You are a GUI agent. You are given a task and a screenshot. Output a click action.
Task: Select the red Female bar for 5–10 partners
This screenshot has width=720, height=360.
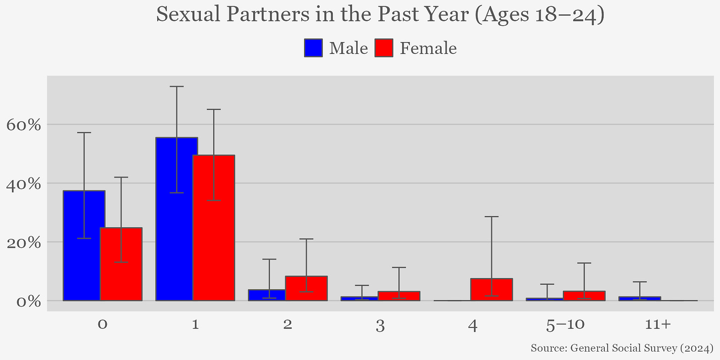pyautogui.click(x=584, y=296)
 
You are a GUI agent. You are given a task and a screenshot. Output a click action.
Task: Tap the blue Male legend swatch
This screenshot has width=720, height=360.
pyautogui.click(x=314, y=48)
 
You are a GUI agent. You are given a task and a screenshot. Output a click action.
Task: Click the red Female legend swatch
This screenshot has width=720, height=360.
pyautogui.click(x=384, y=48)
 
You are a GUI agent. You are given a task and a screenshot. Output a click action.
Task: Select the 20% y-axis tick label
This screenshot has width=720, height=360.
pyautogui.click(x=24, y=242)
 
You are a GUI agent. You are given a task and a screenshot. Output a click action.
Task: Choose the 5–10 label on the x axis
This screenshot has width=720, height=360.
pyautogui.click(x=566, y=325)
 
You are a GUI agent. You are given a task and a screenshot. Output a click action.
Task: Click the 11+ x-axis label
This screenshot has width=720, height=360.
pyautogui.click(x=658, y=325)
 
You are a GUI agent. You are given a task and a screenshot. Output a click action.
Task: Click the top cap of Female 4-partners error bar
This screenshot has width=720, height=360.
pyautogui.click(x=492, y=217)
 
